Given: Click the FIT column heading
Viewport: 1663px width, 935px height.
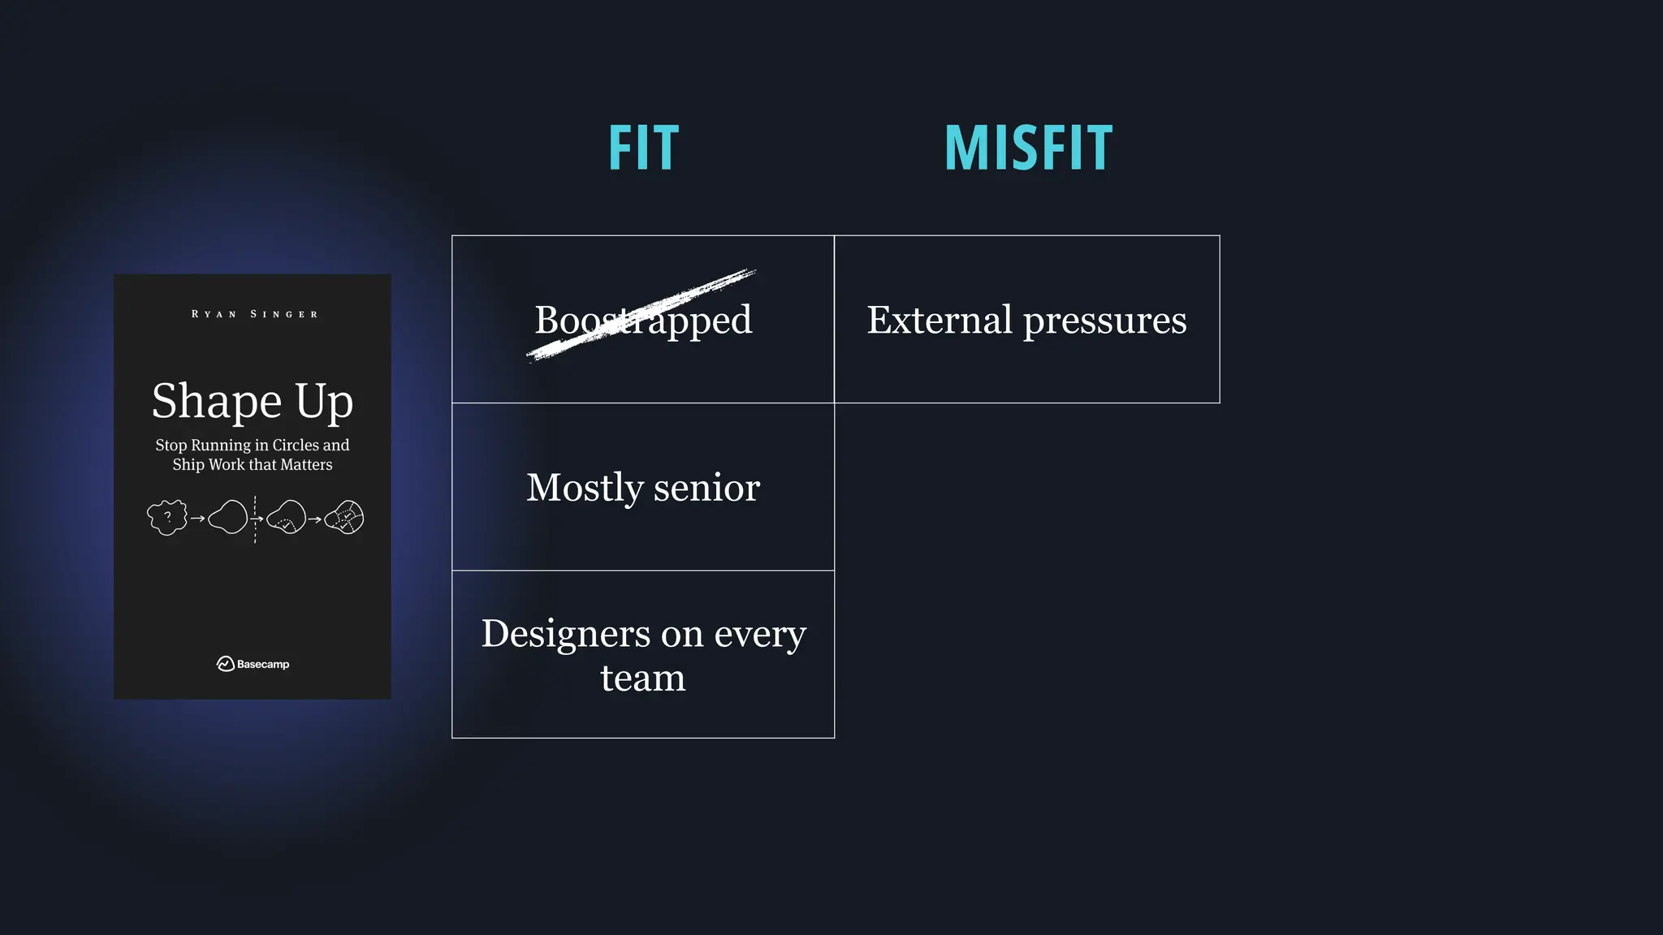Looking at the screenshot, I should click(x=643, y=148).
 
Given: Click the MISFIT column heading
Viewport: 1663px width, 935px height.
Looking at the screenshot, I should click(x=1028, y=148).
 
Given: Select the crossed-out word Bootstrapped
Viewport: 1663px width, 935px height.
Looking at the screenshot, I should click(x=643, y=319).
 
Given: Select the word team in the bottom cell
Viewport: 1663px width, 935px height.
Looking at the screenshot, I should click(x=643, y=677).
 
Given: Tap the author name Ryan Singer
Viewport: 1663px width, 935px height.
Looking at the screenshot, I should click(x=254, y=314).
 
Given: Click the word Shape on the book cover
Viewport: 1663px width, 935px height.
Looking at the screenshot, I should click(x=217, y=402).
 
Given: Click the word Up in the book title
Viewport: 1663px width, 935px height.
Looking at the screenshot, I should click(x=324, y=402).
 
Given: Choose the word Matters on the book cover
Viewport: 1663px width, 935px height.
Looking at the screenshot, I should click(x=306, y=464).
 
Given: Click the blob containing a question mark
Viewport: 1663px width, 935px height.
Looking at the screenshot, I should click(x=167, y=517).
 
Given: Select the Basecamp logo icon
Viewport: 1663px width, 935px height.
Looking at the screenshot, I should click(x=225, y=664).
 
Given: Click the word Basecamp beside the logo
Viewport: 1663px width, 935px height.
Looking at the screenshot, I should click(x=263, y=664).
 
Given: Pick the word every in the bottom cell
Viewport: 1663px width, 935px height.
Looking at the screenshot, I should click(x=759, y=635).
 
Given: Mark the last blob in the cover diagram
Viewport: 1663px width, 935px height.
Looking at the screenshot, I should click(x=345, y=517).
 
